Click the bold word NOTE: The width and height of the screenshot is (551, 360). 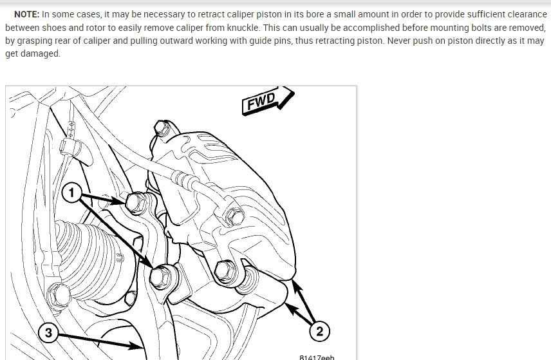coord(26,14)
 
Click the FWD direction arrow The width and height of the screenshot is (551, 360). coord(268,100)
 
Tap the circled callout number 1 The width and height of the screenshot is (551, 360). coord(71,193)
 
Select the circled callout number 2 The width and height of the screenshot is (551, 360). coord(319,331)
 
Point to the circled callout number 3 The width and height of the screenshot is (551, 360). coord(48,332)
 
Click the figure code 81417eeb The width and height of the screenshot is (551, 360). coord(317,357)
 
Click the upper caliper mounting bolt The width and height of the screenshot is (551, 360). coord(135,202)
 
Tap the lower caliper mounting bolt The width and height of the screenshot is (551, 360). coord(161,278)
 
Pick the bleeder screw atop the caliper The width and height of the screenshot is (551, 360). coord(162,128)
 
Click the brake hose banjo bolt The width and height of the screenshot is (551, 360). coord(235,216)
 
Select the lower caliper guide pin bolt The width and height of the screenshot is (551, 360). coord(225,271)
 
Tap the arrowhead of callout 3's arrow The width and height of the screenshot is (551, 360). coord(137,346)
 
